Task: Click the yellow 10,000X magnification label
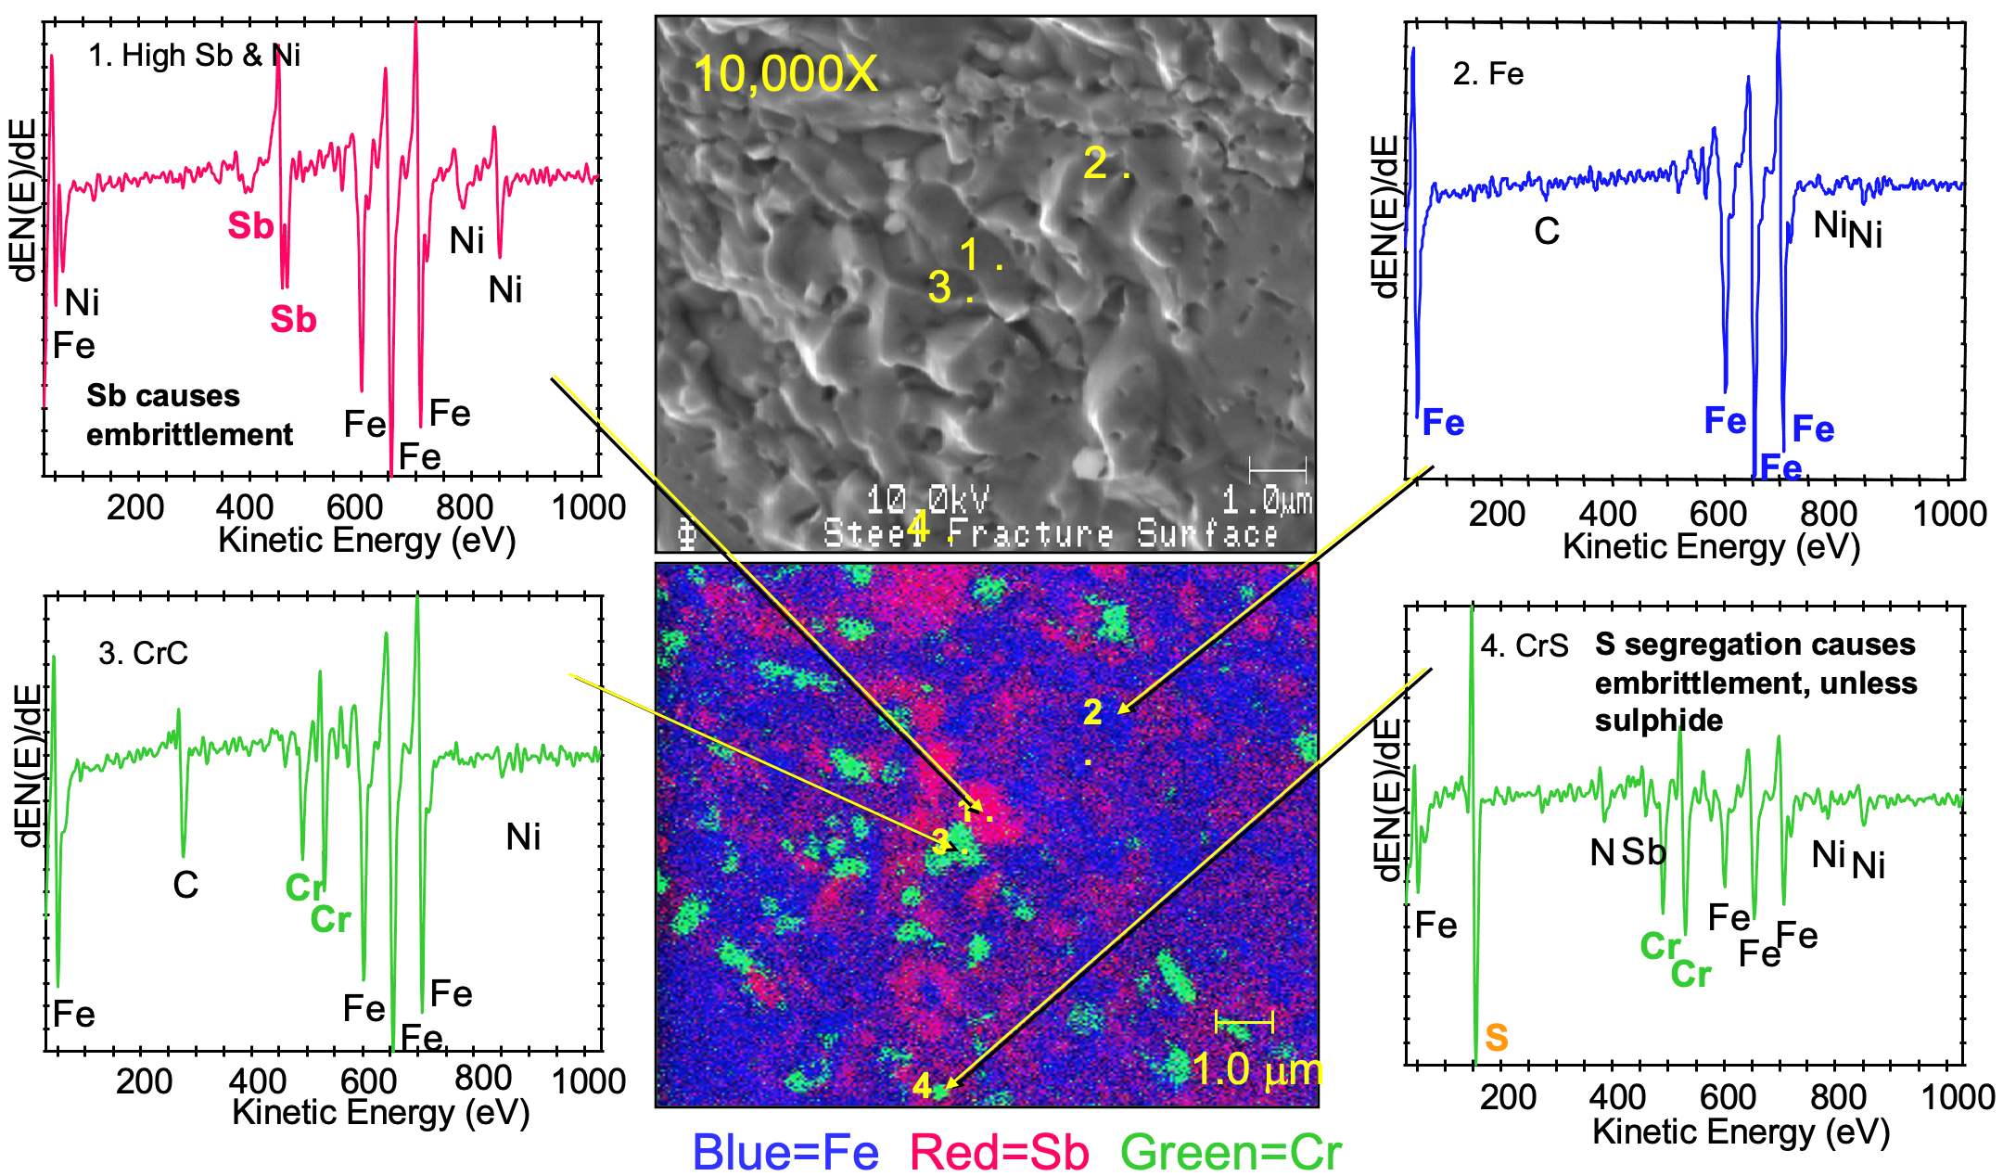tap(785, 73)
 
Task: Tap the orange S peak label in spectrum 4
tap(1496, 1037)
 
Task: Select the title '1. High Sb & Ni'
tap(194, 56)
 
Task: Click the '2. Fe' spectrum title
tap(1487, 74)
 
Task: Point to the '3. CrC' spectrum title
tap(143, 653)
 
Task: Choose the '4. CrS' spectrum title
tap(1524, 646)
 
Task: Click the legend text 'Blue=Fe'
tap(785, 1153)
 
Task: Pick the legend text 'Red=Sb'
tap(999, 1153)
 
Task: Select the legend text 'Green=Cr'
tap(1231, 1153)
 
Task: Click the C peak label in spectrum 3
tap(185, 885)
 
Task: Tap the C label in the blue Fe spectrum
tap(1546, 231)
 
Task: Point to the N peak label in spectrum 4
tap(1601, 852)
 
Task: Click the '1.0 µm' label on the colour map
tap(1257, 1069)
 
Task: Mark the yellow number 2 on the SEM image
tap(1095, 164)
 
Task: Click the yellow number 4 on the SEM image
tap(917, 525)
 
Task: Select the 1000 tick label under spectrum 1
tap(588, 507)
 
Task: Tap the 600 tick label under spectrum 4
tap(1727, 1097)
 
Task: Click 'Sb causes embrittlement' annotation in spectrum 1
tap(189, 415)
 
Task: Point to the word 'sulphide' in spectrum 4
tap(1658, 721)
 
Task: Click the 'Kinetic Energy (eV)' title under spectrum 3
tap(380, 1112)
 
